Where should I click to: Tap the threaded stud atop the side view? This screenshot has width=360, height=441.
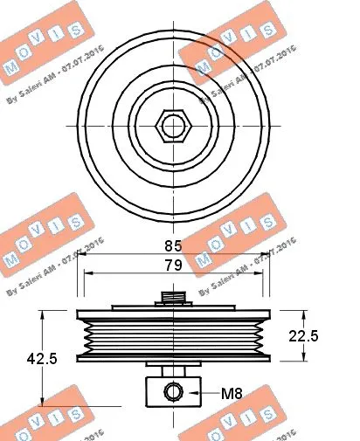(x=175, y=299)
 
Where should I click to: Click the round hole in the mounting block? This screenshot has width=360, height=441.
(x=175, y=392)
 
